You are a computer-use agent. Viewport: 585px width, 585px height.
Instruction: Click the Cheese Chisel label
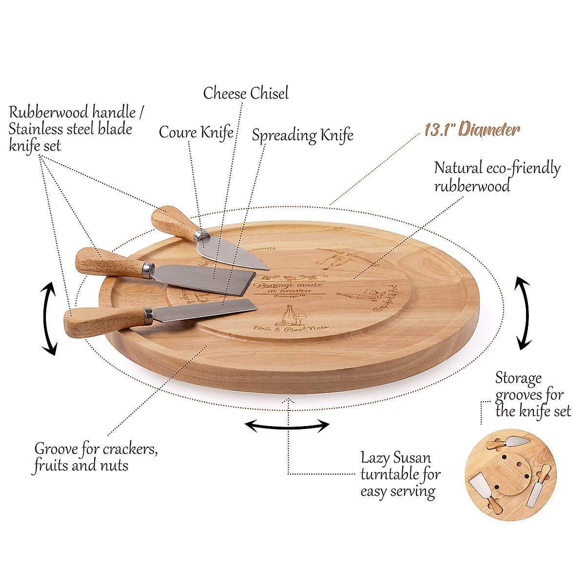tap(246, 93)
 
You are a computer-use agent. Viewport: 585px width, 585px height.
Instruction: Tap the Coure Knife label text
tap(196, 132)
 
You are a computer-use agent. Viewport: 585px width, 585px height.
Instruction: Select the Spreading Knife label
tap(302, 135)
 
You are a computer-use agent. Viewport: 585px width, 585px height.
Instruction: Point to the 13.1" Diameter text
tap(472, 130)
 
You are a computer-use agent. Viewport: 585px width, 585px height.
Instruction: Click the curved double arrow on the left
tap(48, 319)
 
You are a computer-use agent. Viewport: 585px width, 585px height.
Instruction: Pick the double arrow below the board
tap(287, 426)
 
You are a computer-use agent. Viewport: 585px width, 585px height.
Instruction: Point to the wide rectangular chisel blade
tap(205, 279)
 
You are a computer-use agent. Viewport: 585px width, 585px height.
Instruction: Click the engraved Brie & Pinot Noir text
tap(291, 329)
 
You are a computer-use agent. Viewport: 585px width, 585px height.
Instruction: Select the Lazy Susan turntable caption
tap(400, 474)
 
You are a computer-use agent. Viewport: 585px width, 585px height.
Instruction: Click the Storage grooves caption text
tap(531, 394)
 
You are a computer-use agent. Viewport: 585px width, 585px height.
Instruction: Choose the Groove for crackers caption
tap(96, 457)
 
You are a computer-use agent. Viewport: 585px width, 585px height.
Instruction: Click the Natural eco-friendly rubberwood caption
tap(496, 176)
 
